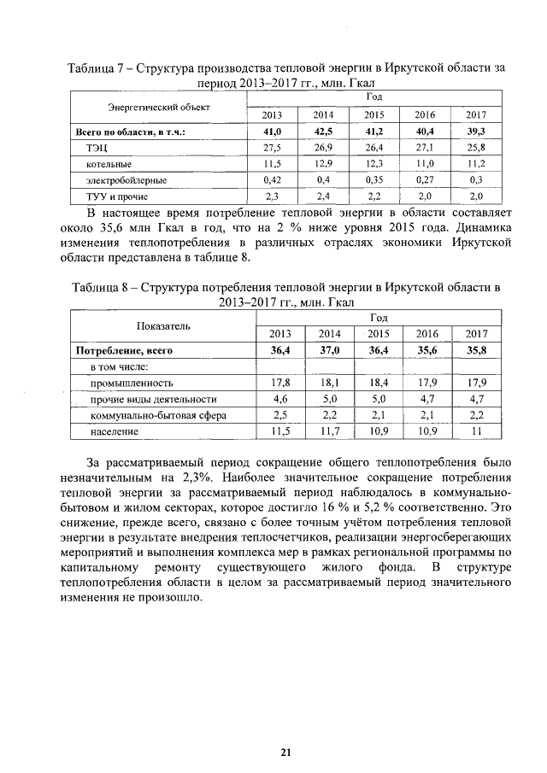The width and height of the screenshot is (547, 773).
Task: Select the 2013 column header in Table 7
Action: point(272,114)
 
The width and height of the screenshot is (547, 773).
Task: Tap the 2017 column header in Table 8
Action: point(476,334)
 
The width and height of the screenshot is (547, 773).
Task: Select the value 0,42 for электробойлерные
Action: point(272,180)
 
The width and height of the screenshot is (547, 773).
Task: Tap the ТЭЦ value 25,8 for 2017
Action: point(477,148)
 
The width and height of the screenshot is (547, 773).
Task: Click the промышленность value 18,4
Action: point(378,383)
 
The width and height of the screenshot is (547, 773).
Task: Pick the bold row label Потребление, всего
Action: point(125,350)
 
